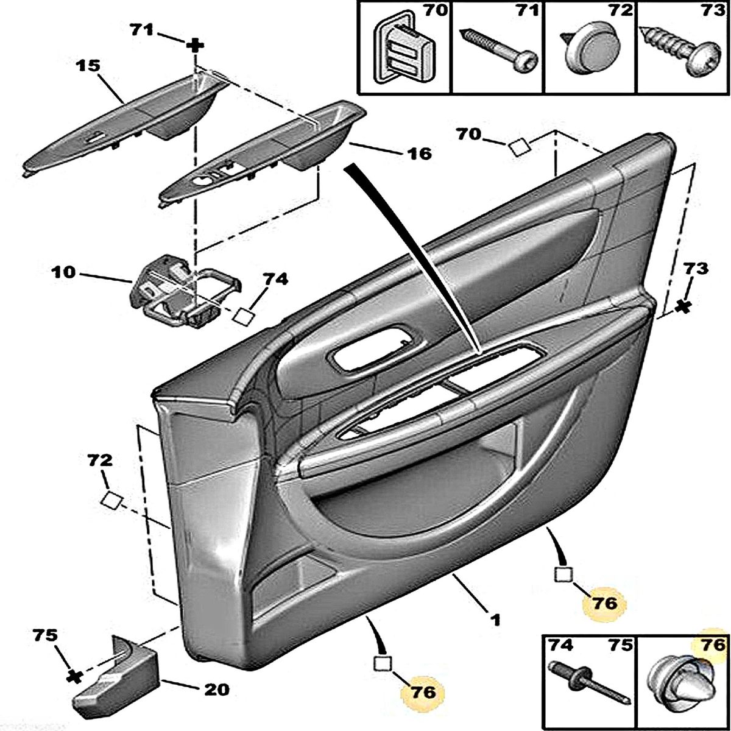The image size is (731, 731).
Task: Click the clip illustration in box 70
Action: [x=402, y=49]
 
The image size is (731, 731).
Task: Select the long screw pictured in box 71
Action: [x=496, y=49]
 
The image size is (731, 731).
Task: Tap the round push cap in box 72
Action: [x=588, y=49]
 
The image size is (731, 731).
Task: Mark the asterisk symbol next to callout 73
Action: [x=684, y=307]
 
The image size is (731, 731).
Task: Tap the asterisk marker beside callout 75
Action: [x=74, y=676]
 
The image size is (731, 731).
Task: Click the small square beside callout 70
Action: [x=519, y=147]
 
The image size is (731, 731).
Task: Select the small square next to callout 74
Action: [x=244, y=315]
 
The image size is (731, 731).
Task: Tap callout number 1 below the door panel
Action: [x=495, y=620]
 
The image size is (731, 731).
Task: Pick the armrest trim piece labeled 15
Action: [x=122, y=122]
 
